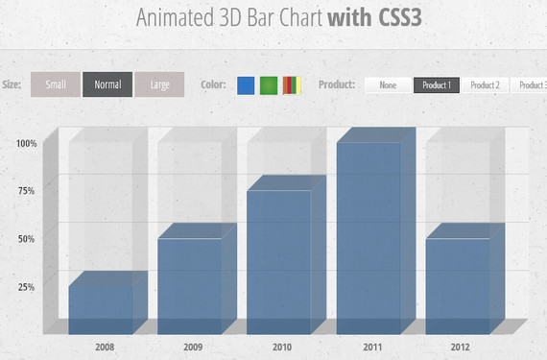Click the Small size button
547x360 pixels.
tap(56, 84)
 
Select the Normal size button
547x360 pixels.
tap(107, 84)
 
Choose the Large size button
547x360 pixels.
tap(159, 84)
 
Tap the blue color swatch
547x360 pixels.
tap(246, 84)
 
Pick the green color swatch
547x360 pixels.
tap(269, 84)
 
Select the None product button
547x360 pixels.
tap(388, 84)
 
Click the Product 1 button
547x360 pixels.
tap(437, 84)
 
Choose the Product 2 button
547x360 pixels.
tap(485, 84)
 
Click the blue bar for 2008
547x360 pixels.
tap(101, 307)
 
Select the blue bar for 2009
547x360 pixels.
tap(190, 283)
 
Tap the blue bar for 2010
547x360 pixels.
tap(279, 259)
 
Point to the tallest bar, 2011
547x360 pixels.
tap(369, 235)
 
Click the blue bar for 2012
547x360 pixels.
tap(458, 283)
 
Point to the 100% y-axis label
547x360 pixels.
tap(26, 143)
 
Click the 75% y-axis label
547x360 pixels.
tap(26, 191)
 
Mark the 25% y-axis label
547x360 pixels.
tap(26, 287)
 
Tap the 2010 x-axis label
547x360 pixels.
tap(281, 345)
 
